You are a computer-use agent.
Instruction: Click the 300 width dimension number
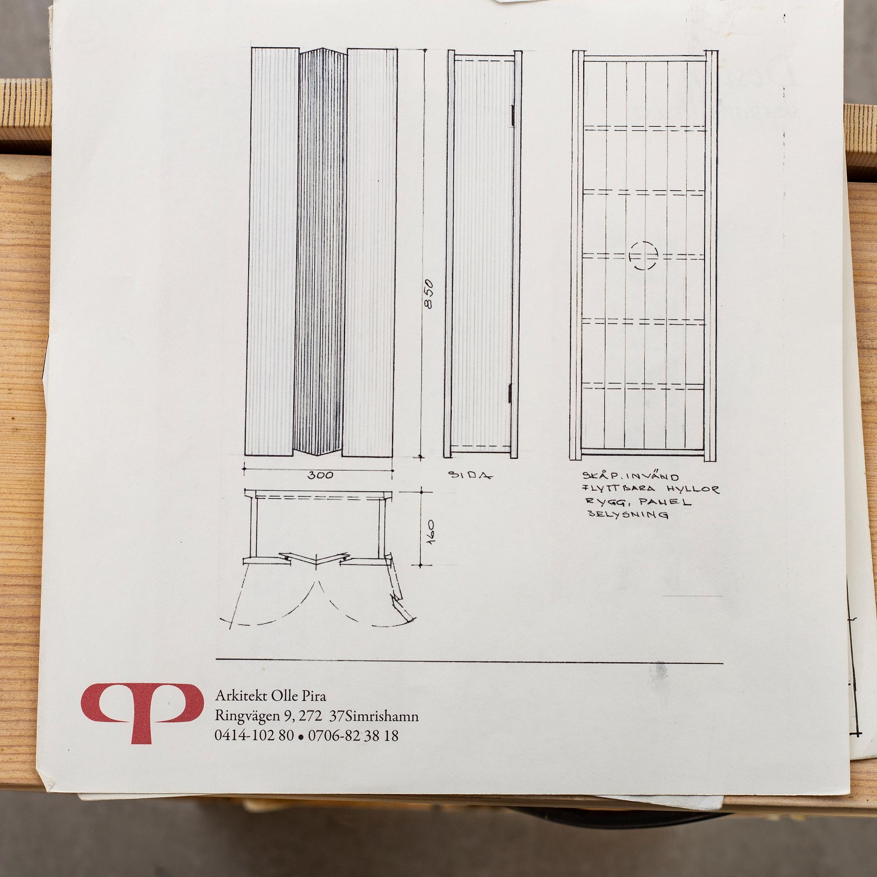tap(321, 475)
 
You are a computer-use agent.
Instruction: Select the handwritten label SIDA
tap(470, 475)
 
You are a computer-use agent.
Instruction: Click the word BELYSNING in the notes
tap(628, 515)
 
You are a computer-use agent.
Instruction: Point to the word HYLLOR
tap(693, 489)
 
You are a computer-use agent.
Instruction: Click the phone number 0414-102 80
tap(254, 735)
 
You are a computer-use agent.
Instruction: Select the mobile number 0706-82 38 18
tap(353, 735)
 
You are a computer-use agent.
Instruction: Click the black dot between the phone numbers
tap(300, 737)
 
